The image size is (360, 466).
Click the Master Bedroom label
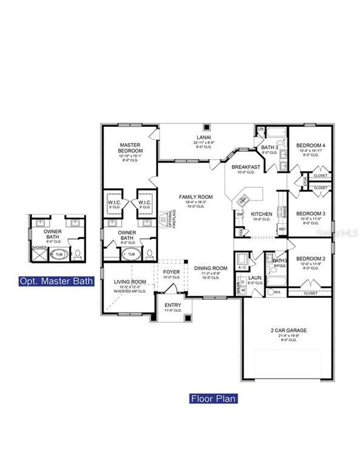pos(131,147)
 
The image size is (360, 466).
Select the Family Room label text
pos(195,197)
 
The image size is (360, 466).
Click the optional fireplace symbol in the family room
pos(164,220)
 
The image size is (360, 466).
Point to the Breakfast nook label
pos(246,167)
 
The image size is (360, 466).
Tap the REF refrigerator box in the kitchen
pos(282,229)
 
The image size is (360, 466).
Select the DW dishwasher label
pos(240,214)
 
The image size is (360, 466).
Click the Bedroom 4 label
pos(310,146)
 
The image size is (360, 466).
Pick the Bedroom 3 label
pos(310,214)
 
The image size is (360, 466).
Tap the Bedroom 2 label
pos(310,259)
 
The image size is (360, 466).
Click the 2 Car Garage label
pos(288,331)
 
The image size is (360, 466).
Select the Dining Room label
pos(211,268)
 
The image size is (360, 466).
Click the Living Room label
pos(130,282)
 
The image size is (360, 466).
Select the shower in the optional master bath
pos(39,254)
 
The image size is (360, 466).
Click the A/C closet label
pos(242,267)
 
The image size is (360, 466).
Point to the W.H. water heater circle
pos(260,292)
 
